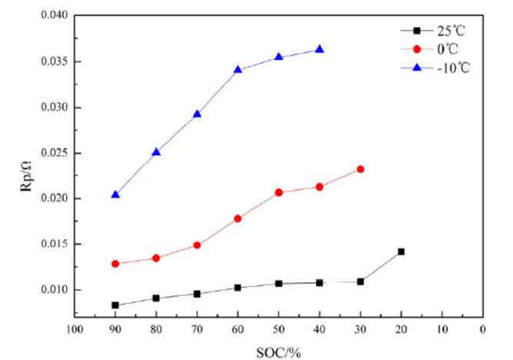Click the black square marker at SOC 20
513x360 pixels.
click(401, 252)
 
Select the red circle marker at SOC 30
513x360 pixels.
click(360, 169)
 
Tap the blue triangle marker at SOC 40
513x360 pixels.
click(319, 49)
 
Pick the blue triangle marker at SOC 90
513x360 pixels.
click(115, 195)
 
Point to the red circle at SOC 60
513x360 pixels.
click(238, 218)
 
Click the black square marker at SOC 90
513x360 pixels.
click(115, 305)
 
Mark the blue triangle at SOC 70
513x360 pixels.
click(197, 114)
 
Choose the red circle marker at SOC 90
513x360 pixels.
click(115, 264)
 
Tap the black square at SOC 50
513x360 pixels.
click(278, 284)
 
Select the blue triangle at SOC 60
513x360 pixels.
click(238, 69)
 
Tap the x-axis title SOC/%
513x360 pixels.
click(278, 352)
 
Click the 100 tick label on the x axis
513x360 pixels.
click(75, 330)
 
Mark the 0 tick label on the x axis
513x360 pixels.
click(482, 330)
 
